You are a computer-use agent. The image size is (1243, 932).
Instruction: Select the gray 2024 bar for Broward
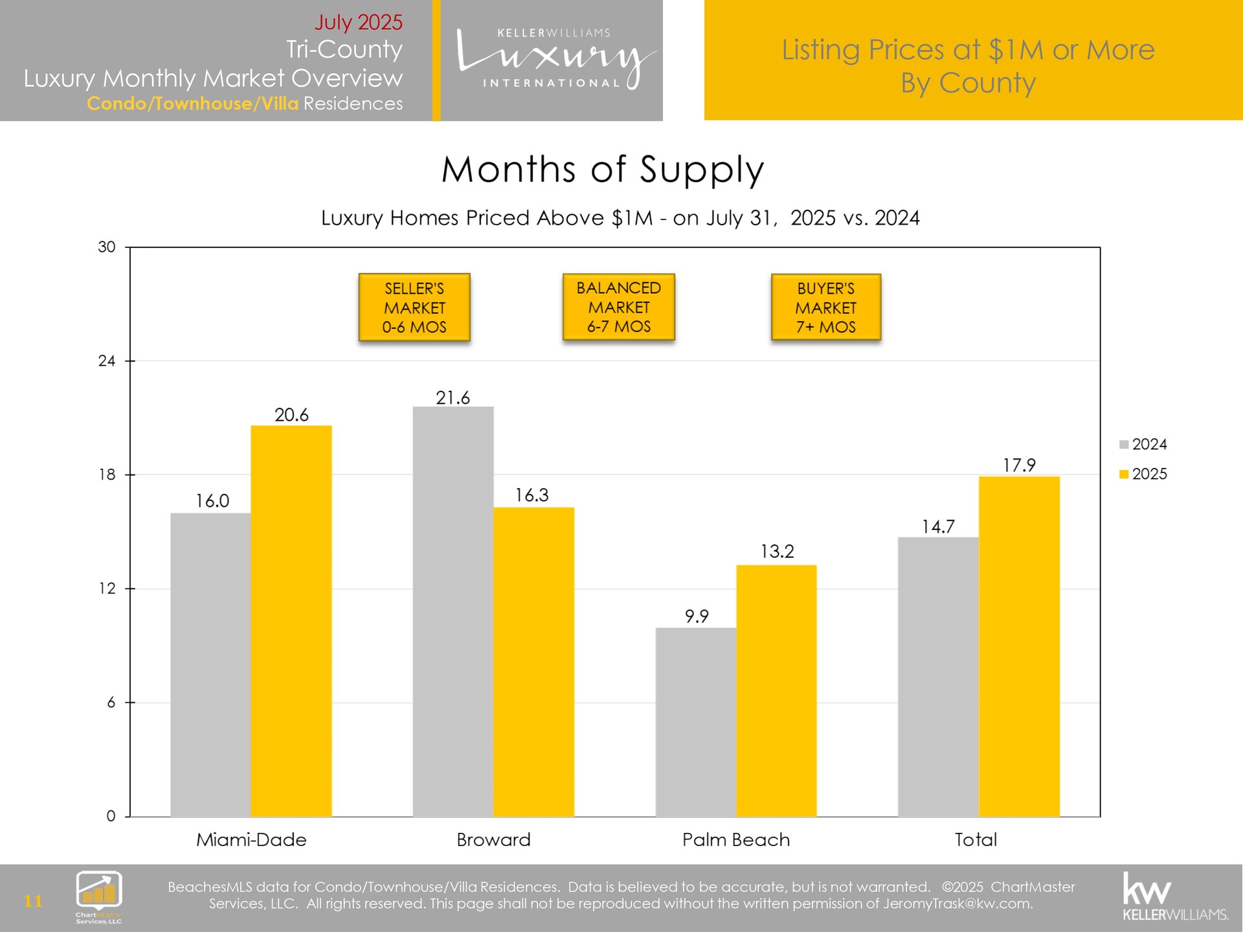coord(453,611)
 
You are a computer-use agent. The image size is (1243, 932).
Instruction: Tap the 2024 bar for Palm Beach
coord(696,721)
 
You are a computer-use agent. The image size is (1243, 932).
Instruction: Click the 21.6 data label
coord(453,397)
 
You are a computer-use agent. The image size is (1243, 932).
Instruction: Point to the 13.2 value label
coord(777,551)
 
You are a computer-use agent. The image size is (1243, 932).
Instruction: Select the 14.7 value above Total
coord(938,526)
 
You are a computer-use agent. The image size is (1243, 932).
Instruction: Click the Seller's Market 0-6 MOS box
coord(414,307)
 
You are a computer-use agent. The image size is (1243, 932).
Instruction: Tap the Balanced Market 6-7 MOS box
coord(619,307)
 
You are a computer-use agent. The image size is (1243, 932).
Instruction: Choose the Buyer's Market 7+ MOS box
coord(826,307)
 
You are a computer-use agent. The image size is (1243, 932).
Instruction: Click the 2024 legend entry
coord(1143,444)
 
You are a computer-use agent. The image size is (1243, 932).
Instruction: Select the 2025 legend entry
coord(1143,474)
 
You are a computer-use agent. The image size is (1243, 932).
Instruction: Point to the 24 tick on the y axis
coord(107,361)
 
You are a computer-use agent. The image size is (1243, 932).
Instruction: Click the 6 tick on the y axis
coord(111,702)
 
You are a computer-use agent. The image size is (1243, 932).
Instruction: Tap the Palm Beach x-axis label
coord(736,839)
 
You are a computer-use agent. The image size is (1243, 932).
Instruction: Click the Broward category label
coord(493,839)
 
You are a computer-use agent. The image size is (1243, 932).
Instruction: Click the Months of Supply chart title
coord(603,170)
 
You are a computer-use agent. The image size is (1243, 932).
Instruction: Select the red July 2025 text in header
coord(359,22)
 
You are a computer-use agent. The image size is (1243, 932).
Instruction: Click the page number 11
coord(33,901)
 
